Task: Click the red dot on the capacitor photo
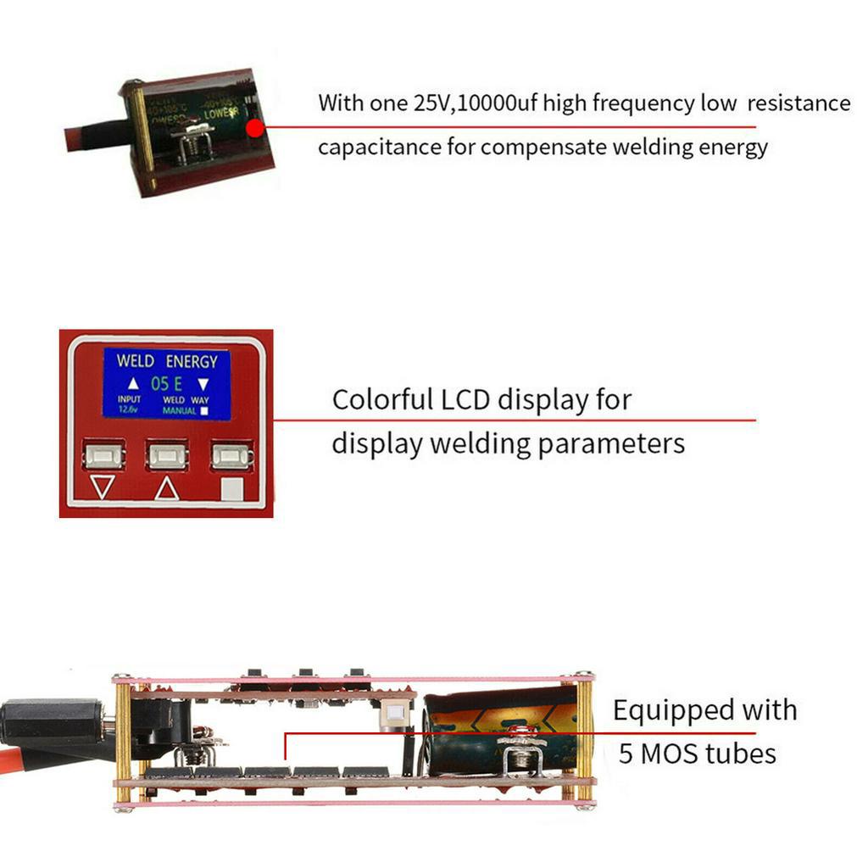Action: click(x=253, y=128)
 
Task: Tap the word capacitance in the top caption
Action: click(x=379, y=147)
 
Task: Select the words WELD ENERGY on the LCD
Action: click(x=167, y=360)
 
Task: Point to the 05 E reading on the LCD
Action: click(x=167, y=383)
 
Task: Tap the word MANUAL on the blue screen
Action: click(x=179, y=411)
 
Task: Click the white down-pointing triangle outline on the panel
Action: click(x=103, y=487)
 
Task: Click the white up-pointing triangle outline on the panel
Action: click(x=166, y=487)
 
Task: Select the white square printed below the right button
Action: click(x=231, y=489)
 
